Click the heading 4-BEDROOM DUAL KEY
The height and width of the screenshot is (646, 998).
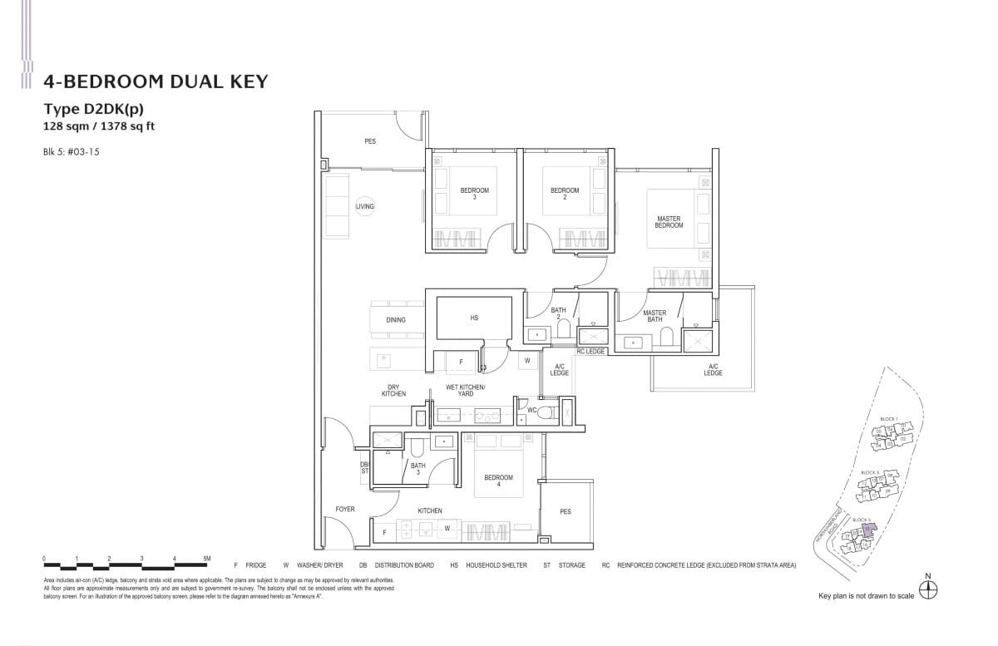[x=156, y=81]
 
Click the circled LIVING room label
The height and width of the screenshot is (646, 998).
[x=364, y=206]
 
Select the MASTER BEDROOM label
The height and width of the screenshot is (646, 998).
[x=669, y=222]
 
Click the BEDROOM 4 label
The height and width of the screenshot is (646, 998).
[x=499, y=481]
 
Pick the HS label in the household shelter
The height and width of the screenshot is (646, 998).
[x=474, y=318]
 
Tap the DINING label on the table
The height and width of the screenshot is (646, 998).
[x=396, y=320]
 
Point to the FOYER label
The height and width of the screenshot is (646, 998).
[x=345, y=510]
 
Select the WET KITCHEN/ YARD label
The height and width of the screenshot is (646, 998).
[x=465, y=391]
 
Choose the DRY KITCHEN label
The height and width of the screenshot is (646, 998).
[x=393, y=391]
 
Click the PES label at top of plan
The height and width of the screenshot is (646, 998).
[x=370, y=141]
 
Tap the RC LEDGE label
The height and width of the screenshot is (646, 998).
[x=590, y=352]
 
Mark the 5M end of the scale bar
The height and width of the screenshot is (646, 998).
[x=207, y=558]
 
